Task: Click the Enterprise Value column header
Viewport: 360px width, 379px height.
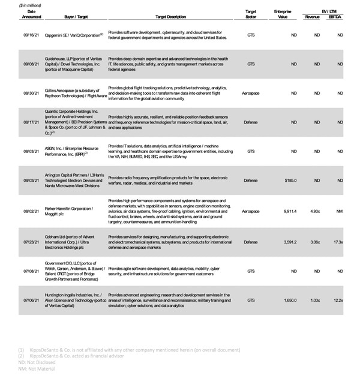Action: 283,14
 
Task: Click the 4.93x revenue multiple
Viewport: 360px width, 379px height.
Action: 314,211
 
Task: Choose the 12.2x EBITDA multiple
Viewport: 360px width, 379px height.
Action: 338,300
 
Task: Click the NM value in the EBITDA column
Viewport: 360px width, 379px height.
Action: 340,211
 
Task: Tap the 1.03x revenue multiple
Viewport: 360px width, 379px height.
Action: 314,300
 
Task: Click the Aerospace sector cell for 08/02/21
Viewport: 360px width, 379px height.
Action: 251,211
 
